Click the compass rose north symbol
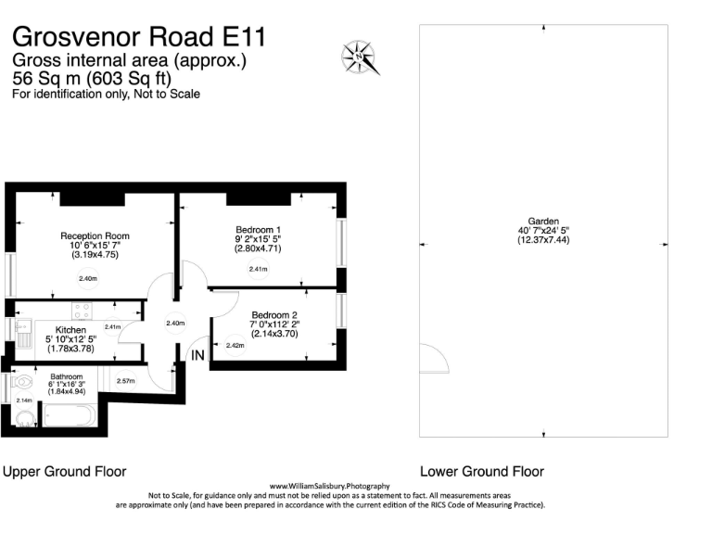(360, 57)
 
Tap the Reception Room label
(95, 235)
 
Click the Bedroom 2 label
(274, 314)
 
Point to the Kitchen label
(70, 330)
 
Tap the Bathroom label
(67, 376)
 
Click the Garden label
(543, 222)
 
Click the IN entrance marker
(197, 355)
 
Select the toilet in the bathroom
(22, 380)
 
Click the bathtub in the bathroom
(70, 415)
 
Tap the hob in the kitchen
(82, 311)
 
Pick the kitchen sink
(22, 334)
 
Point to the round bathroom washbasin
(25, 419)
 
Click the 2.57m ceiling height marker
(126, 381)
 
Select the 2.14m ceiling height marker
(24, 400)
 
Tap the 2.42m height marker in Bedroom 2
(235, 345)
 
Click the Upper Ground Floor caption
(65, 471)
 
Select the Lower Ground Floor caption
(482, 471)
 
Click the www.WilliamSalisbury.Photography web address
(330, 486)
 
